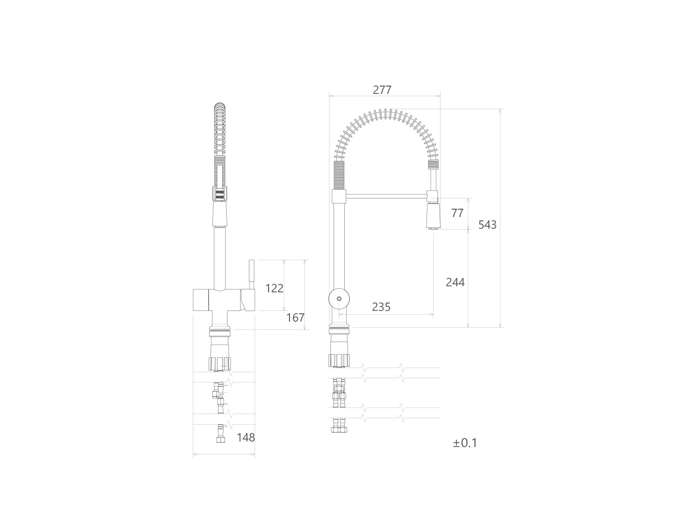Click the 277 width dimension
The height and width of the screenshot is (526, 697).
coord(382,90)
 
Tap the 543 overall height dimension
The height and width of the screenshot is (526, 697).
coord(487,225)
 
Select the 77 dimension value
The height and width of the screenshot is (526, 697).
coord(457,213)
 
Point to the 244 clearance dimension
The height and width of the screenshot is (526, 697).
coord(455,282)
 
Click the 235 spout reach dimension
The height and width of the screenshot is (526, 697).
coord(381,307)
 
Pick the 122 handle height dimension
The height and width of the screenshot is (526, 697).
coord(274,288)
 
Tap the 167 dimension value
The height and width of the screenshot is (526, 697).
coord(296,317)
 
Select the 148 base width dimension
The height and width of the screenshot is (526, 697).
coord(246,437)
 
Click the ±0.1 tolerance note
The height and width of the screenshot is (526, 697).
coord(465,443)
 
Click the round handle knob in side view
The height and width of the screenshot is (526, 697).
coord(339,299)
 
